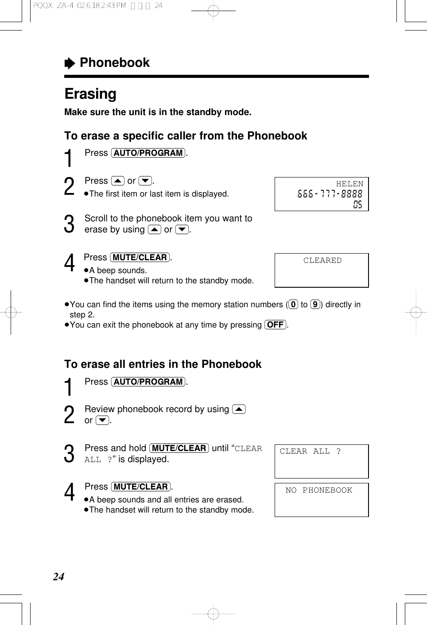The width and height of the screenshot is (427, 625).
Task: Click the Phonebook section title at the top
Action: point(114,63)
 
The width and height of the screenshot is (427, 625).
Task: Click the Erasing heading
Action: point(90,94)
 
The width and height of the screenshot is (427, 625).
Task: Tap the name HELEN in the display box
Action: point(349,184)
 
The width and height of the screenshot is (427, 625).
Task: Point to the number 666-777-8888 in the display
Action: point(330,194)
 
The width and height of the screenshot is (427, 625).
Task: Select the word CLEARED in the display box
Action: point(322,261)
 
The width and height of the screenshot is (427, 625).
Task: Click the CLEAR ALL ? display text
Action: point(310,451)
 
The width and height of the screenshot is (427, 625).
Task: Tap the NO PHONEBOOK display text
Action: point(318,490)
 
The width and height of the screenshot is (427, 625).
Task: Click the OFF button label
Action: point(275,325)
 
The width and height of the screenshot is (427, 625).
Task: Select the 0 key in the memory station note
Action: point(293,305)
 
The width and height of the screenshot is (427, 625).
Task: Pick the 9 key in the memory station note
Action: point(315,305)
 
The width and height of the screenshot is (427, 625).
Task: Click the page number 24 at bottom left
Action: point(58,577)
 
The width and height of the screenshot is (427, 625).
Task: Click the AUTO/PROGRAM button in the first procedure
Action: point(148,153)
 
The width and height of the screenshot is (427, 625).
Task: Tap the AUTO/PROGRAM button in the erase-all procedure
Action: point(148,382)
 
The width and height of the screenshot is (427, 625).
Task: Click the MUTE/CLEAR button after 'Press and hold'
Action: point(179,448)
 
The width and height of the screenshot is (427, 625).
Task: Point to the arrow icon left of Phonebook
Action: point(70,64)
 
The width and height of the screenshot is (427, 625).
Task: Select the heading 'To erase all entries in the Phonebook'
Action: point(163,364)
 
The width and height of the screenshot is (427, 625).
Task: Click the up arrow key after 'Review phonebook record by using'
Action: point(239,409)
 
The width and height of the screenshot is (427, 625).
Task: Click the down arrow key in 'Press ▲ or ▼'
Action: point(145,181)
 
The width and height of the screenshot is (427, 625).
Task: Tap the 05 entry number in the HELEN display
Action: point(357,204)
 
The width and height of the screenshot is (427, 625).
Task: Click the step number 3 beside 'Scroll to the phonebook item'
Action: point(69,224)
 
